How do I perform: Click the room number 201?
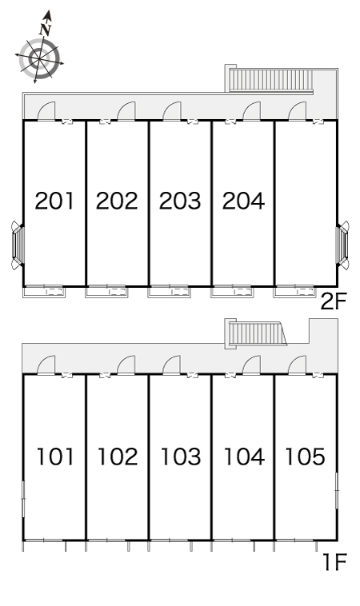[x=54, y=201]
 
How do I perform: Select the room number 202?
[x=117, y=201]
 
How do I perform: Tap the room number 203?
[x=180, y=201]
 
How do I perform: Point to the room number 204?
[x=243, y=201]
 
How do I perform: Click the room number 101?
[x=55, y=456]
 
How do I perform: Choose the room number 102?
[x=118, y=456]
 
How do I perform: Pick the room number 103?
[x=181, y=456]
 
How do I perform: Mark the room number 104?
[x=244, y=456]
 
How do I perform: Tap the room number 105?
[x=305, y=456]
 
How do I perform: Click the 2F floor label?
[x=334, y=301]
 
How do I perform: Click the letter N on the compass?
[x=46, y=30]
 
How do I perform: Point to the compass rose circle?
[x=39, y=58]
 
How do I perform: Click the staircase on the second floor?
[x=271, y=81]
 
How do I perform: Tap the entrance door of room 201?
[x=46, y=111]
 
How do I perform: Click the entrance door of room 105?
[x=297, y=365]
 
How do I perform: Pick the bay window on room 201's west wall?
[x=18, y=245]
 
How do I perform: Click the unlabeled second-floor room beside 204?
[x=306, y=204]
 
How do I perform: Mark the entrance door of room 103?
[x=172, y=365]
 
